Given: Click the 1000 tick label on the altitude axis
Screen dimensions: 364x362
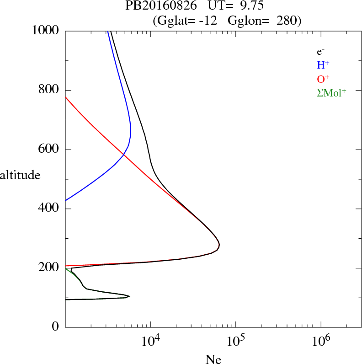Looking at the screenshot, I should (x=46, y=30).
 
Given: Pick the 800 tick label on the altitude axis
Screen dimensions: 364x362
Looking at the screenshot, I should (x=49, y=90).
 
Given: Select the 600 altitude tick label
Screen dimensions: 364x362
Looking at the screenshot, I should (x=49, y=149).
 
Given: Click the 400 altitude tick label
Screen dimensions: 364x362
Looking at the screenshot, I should (x=49, y=209).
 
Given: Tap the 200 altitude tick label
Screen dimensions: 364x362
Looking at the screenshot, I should (x=49, y=268).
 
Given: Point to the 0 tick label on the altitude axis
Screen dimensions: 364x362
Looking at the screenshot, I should (x=56, y=327).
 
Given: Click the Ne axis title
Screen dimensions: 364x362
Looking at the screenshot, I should (x=213, y=359).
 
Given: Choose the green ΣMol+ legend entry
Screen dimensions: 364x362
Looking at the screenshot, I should (x=331, y=92).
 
